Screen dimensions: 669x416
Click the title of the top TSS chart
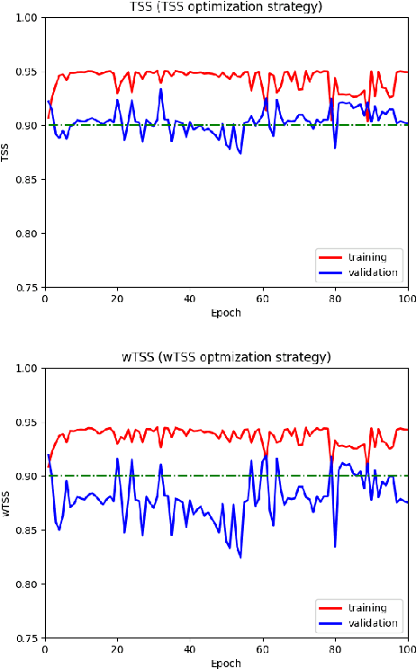tap(226, 7)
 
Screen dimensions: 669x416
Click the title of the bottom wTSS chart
tap(226, 357)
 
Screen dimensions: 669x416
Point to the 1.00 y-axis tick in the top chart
tap(27, 18)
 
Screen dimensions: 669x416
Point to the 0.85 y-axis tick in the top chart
tap(27, 180)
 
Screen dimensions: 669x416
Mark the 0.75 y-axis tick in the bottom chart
tap(27, 638)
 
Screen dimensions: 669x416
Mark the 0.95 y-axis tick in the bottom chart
tap(27, 423)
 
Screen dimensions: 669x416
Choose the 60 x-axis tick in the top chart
tap(262, 298)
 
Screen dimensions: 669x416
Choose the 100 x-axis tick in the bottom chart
tap(407, 648)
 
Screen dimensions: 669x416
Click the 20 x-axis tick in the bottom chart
tap(117, 648)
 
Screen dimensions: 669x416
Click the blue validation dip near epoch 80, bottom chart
tap(335, 547)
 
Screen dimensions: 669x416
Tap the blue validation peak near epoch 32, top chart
tap(161, 88)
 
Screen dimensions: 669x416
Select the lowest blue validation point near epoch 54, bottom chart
tap(240, 557)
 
